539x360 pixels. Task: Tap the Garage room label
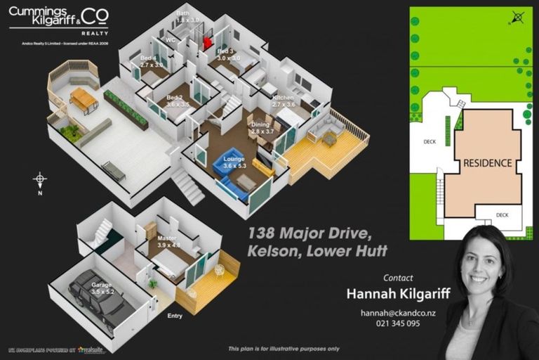101,288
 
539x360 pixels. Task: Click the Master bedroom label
168,241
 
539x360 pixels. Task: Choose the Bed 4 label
151,61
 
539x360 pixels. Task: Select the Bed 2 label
178,101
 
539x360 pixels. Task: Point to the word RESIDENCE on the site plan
487,163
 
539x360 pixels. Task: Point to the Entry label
175,316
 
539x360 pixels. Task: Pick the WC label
171,40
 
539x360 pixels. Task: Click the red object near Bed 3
207,43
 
